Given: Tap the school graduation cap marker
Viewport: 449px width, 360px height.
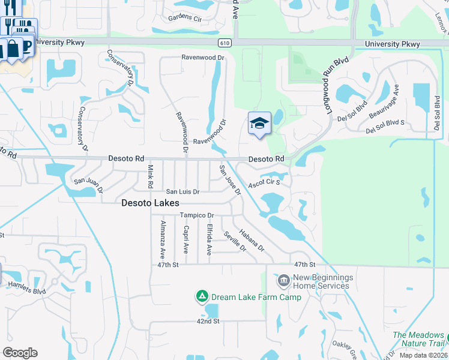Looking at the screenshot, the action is pos(259,123).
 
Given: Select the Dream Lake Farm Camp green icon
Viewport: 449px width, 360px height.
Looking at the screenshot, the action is pos(202,296).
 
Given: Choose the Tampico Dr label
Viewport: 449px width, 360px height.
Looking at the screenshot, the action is pos(197,215).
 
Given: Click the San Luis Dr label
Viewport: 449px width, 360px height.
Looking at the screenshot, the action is pos(182,191).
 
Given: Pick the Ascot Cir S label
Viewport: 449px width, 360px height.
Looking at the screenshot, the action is pos(265,182).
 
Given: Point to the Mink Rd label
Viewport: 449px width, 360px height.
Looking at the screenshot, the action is pos(151,176).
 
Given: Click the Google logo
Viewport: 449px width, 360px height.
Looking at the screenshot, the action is pos(20,353).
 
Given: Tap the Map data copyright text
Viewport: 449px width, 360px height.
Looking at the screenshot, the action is pos(423,355).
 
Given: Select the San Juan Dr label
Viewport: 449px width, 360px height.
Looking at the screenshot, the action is pos(88,181).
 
